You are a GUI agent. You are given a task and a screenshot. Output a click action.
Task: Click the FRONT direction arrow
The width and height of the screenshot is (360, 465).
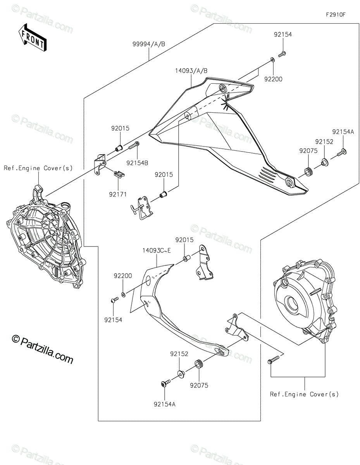(33, 38)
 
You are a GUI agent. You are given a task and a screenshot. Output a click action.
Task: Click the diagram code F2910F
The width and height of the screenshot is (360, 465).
(335, 15)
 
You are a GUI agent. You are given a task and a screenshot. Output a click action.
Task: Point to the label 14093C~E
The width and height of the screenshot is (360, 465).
(156, 251)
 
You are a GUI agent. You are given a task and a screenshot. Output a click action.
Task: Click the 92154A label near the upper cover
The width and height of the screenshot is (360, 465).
(343, 132)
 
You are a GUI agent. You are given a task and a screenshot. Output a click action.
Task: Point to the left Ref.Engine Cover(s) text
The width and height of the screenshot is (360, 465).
(38, 168)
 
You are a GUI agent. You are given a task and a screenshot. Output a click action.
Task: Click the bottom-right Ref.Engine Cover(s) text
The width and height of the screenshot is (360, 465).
(304, 394)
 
